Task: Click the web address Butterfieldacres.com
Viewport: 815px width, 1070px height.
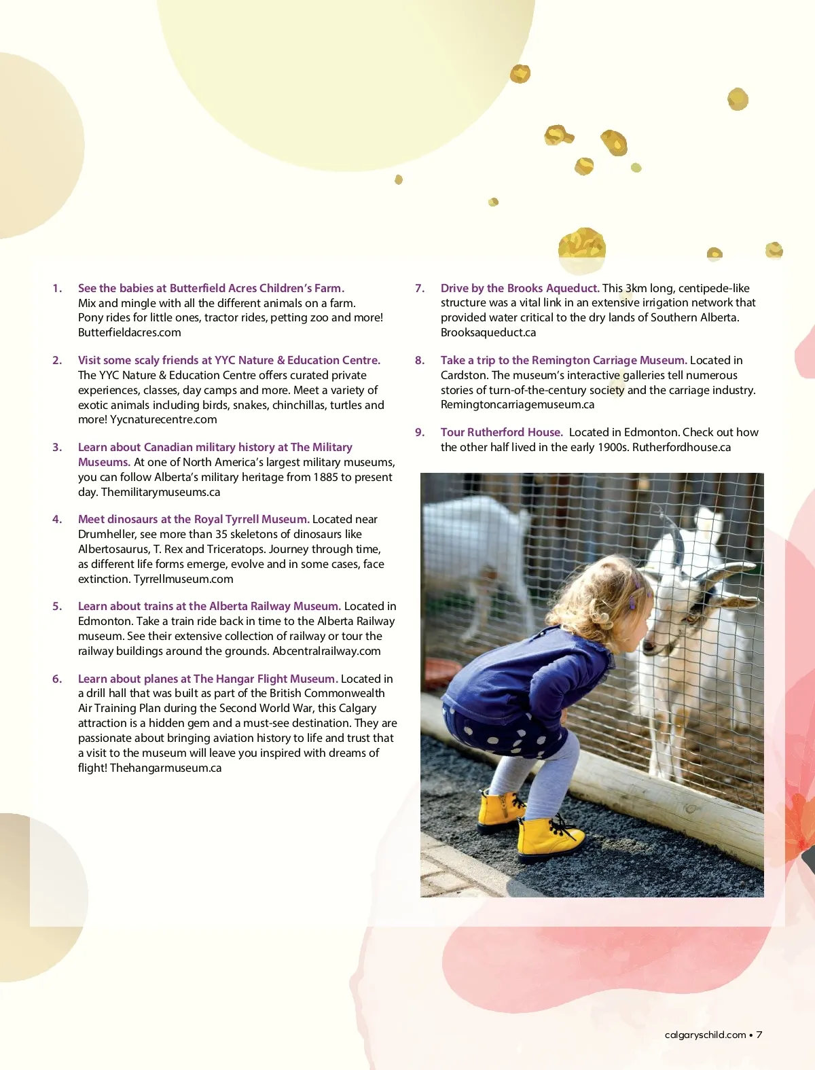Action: tap(129, 332)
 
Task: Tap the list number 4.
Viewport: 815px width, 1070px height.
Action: tap(57, 519)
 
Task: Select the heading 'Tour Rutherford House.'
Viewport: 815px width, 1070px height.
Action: tap(501, 432)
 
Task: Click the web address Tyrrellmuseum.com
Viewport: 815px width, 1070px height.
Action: tap(183, 579)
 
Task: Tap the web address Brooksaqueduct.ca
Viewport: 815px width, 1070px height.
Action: tap(488, 332)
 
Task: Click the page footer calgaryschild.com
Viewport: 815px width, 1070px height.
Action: tap(705, 1035)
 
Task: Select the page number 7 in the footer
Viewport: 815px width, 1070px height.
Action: tap(759, 1035)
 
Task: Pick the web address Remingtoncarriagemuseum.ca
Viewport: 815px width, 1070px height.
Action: tap(517, 404)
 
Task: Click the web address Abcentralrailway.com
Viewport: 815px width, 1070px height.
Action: tap(326, 651)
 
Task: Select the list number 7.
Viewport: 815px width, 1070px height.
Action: tap(420, 288)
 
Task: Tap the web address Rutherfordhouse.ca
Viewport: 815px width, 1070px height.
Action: tap(681, 447)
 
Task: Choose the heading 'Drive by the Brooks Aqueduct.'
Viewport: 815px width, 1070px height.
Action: tap(520, 288)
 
